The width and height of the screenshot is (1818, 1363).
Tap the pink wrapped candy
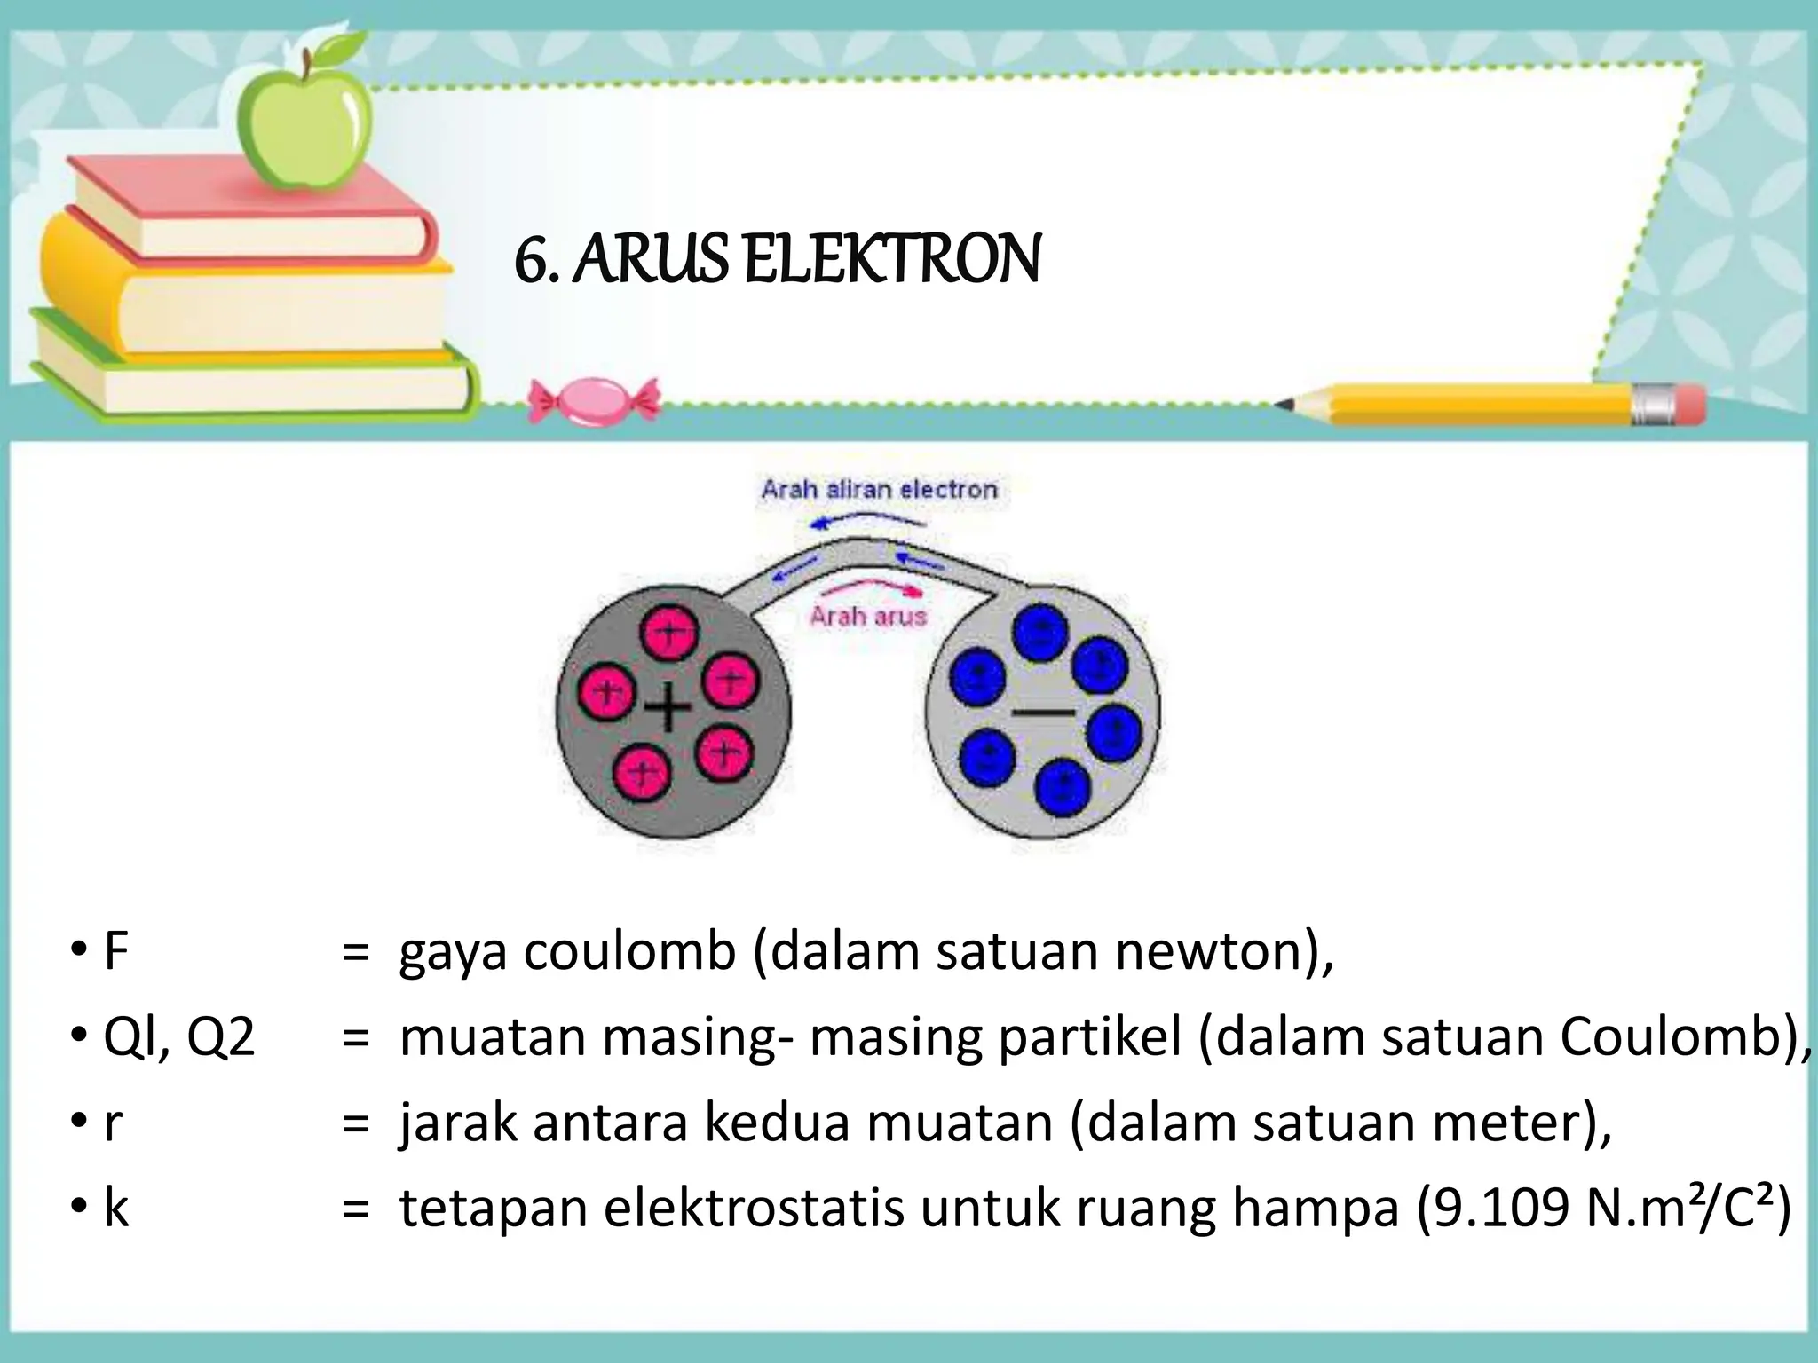594,400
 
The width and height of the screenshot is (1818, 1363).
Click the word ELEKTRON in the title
891,261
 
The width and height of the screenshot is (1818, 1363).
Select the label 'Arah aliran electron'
879,489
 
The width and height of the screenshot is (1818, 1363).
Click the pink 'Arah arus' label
867,616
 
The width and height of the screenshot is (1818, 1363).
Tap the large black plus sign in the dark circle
668,711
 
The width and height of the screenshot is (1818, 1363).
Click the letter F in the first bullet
115,951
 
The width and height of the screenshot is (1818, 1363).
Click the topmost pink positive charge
670,633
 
